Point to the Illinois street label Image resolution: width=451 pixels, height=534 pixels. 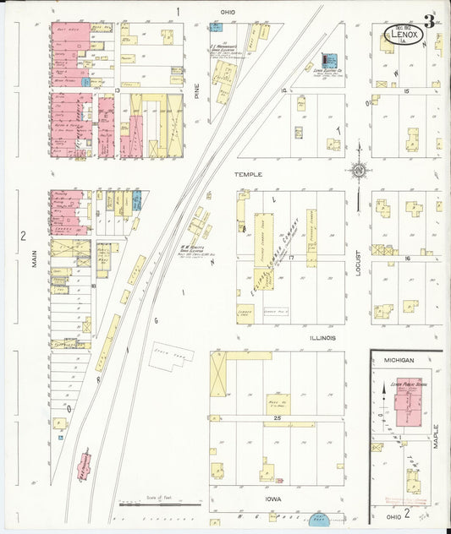pos(322,337)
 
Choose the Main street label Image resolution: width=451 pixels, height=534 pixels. pos(36,257)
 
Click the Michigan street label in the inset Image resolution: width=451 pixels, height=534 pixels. pos(399,360)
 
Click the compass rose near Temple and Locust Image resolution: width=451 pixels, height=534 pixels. pos(359,169)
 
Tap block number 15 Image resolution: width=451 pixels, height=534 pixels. pos(407,90)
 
